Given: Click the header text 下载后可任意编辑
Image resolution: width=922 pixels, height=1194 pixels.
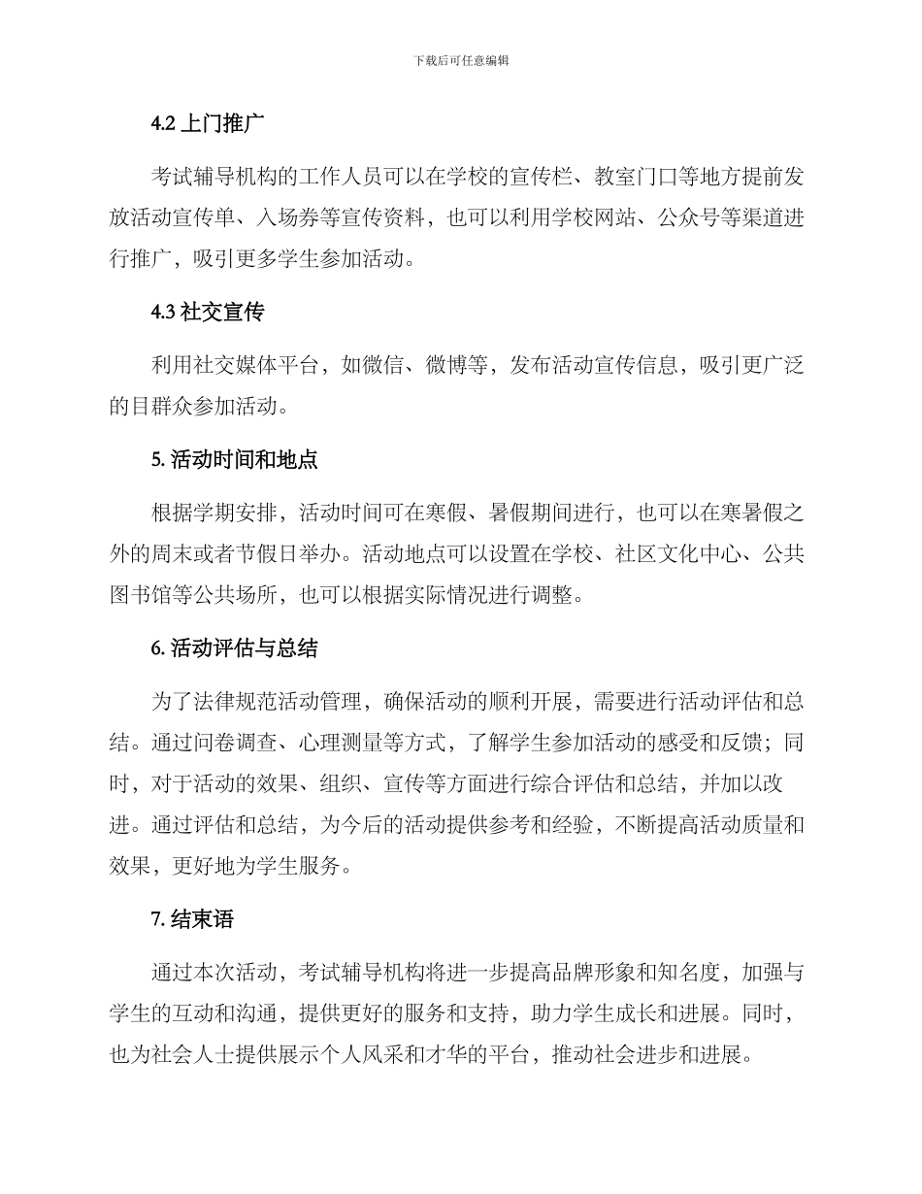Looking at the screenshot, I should [x=461, y=60].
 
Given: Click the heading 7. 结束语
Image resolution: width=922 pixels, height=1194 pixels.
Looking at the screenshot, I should [x=193, y=917].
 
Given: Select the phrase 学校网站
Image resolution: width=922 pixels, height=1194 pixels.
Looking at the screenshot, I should [x=594, y=218].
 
